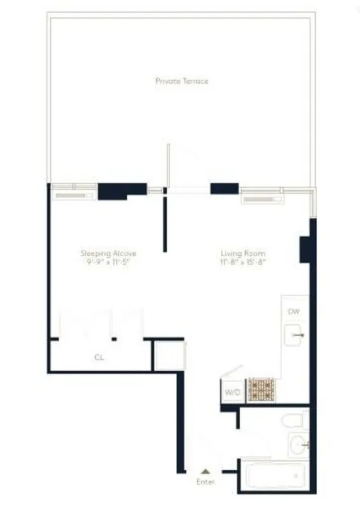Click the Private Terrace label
coord(182,81)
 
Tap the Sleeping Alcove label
coord(108,253)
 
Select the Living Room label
coord(242,253)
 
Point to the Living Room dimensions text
coord(242,262)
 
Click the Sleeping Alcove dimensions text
coord(108,262)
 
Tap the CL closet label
coord(99,357)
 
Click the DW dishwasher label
coord(293,311)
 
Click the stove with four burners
coord(261,389)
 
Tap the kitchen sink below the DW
coord(295,334)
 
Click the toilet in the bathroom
coord(293,421)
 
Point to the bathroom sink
coord(298,444)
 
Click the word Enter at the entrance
coord(205,482)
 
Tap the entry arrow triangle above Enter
coord(205,471)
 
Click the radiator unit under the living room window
coord(262,199)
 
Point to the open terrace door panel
coord(169,165)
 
